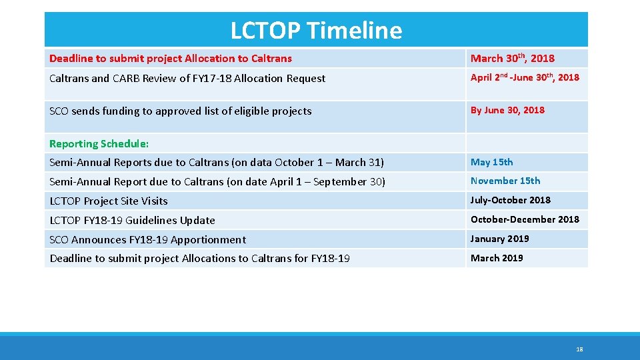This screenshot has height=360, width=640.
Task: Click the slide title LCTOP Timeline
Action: pyautogui.click(x=316, y=31)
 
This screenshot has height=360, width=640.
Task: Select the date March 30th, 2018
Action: pyautogui.click(x=512, y=59)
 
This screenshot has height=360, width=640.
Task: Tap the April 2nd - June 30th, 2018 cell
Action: pyautogui.click(x=525, y=78)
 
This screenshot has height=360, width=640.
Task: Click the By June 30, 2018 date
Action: pyautogui.click(x=507, y=111)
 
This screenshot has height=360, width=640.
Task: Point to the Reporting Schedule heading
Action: pyautogui.click(x=99, y=144)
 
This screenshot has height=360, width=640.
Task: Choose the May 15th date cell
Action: pyautogui.click(x=491, y=162)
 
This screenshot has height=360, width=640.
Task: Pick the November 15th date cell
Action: pyautogui.click(x=505, y=181)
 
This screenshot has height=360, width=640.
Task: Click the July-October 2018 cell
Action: pyautogui.click(x=510, y=200)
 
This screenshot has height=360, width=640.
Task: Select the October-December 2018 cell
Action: pyautogui.click(x=525, y=219)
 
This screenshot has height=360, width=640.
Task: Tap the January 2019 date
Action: pyautogui.click(x=499, y=239)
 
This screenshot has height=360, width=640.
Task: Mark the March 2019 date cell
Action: pyautogui.click(x=497, y=258)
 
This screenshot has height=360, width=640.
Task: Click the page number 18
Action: pyautogui.click(x=579, y=349)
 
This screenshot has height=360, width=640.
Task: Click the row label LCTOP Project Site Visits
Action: pyautogui.click(x=109, y=201)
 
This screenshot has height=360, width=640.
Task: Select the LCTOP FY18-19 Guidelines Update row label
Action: pyautogui.click(x=132, y=220)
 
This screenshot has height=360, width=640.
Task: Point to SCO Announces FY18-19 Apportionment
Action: pyautogui.click(x=147, y=239)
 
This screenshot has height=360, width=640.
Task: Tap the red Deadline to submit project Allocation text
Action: pyautogui.click(x=170, y=59)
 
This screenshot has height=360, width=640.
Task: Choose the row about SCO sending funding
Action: pyautogui.click(x=180, y=111)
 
